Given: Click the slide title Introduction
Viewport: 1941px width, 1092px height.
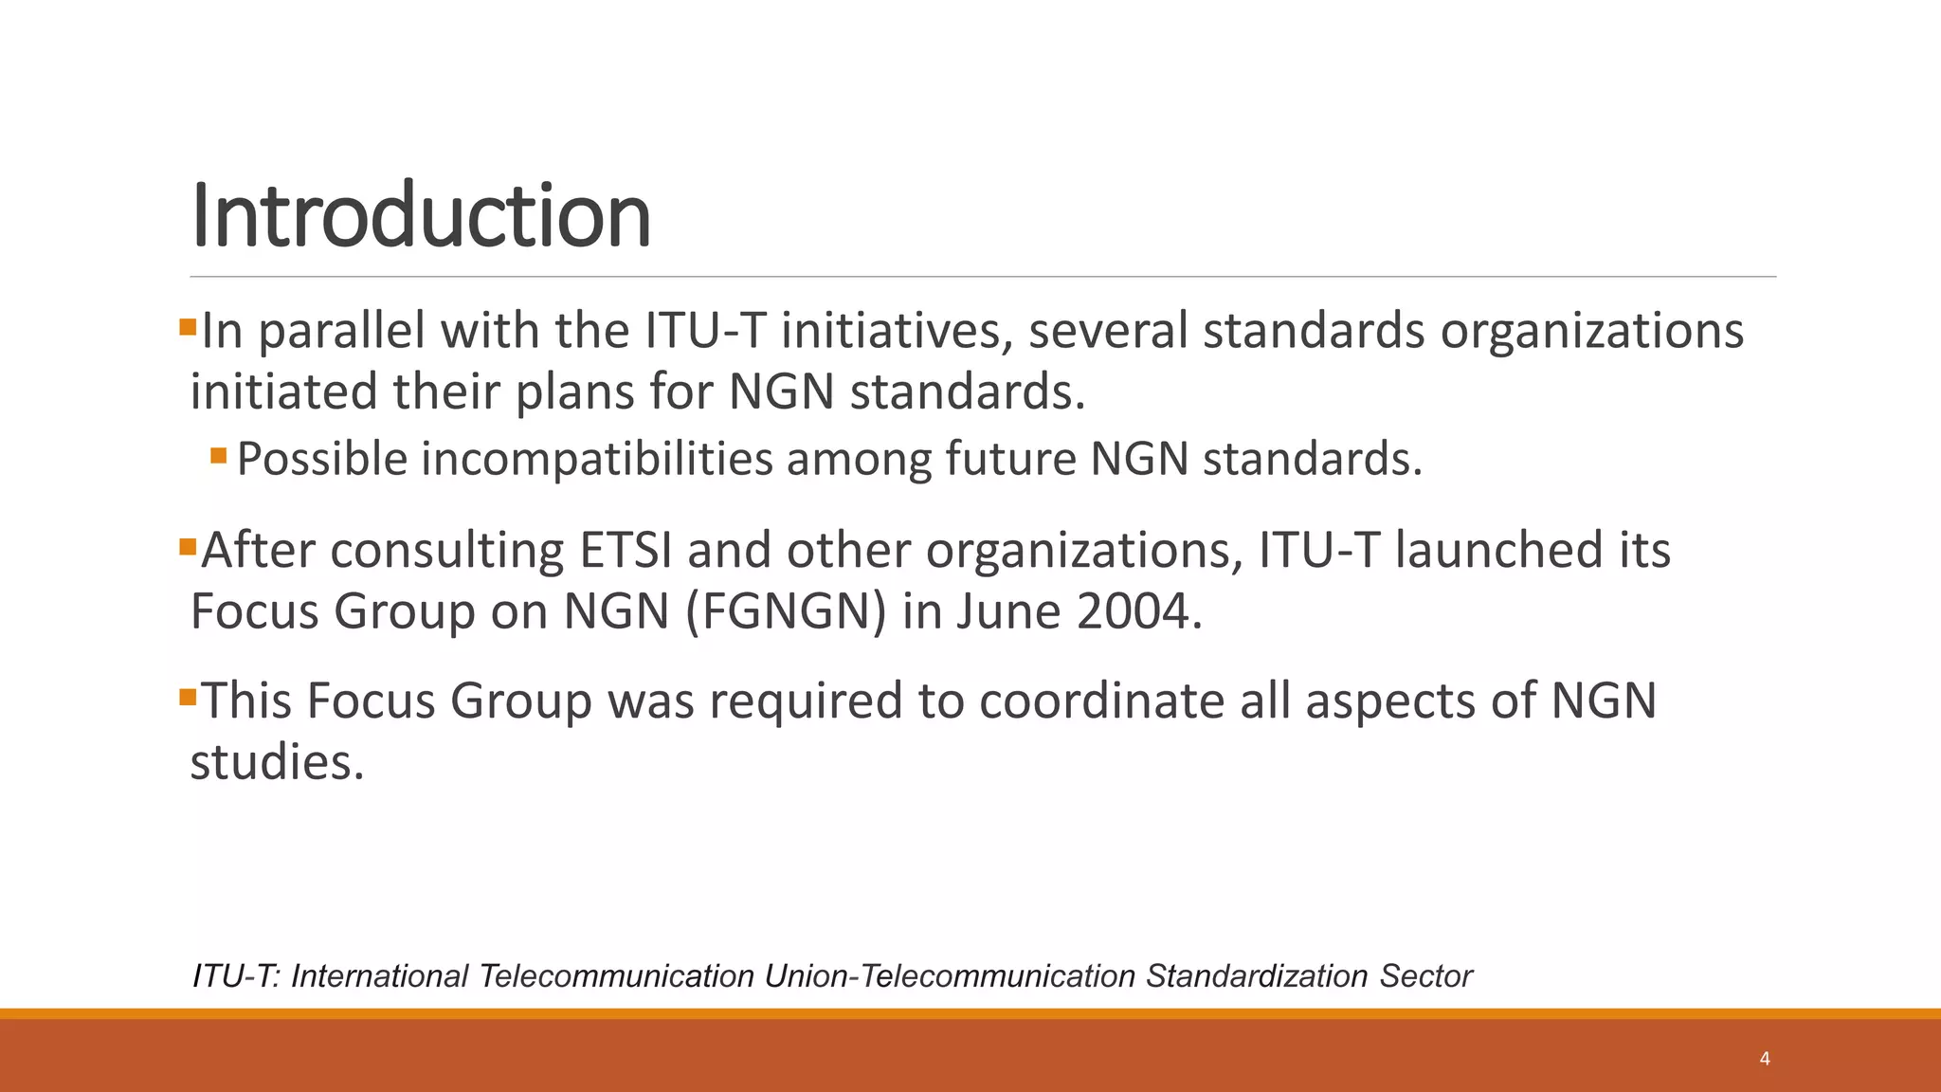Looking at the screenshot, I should [x=421, y=216].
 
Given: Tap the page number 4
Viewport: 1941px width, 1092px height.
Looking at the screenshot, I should [x=1765, y=1059].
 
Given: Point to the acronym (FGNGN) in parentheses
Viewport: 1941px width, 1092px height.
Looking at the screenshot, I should [x=785, y=611].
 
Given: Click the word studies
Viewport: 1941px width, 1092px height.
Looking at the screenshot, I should [x=277, y=762].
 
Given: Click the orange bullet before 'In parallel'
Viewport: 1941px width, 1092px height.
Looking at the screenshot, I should [x=187, y=328].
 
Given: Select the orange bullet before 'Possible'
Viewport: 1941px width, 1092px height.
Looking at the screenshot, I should [x=219, y=456].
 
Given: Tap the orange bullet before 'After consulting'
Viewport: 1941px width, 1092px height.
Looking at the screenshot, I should [x=187, y=547].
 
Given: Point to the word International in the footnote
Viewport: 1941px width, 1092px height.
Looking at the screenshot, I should [x=379, y=975].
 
